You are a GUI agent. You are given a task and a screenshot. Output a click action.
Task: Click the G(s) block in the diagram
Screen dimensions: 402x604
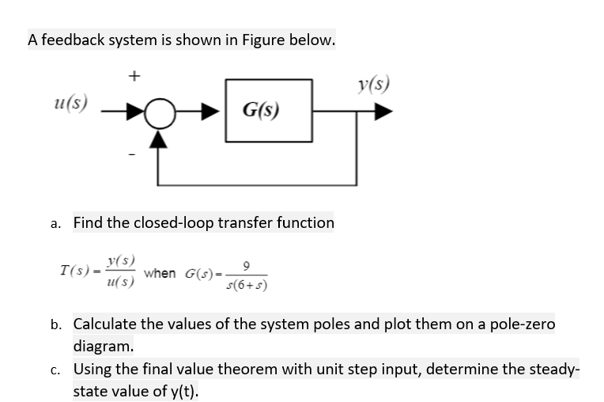click(269, 110)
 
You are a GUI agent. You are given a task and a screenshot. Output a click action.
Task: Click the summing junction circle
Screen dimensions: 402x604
click(161, 115)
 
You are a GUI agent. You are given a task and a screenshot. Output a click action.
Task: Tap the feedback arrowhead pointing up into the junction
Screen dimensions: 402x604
click(161, 138)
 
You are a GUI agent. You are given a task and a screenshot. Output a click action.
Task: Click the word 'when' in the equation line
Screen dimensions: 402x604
click(160, 273)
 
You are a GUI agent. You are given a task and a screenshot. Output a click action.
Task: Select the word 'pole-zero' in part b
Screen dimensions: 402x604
click(522, 324)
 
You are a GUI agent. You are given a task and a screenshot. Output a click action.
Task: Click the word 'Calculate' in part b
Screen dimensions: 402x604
click(108, 324)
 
